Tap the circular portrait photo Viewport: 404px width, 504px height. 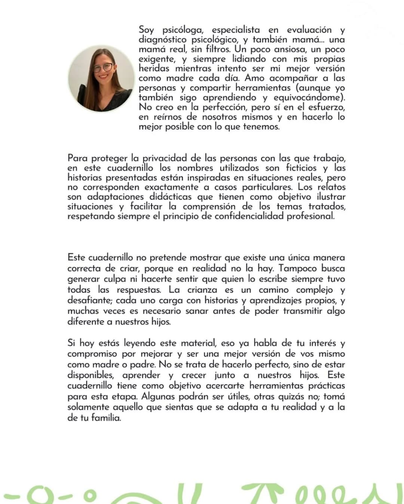click(101, 79)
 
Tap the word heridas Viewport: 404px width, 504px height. click(154, 69)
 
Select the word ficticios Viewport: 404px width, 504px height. click(301, 168)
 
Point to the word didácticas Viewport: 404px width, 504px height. click(181, 197)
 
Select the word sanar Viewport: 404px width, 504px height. click(197, 311)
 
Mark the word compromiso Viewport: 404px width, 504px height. click(92, 354)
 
